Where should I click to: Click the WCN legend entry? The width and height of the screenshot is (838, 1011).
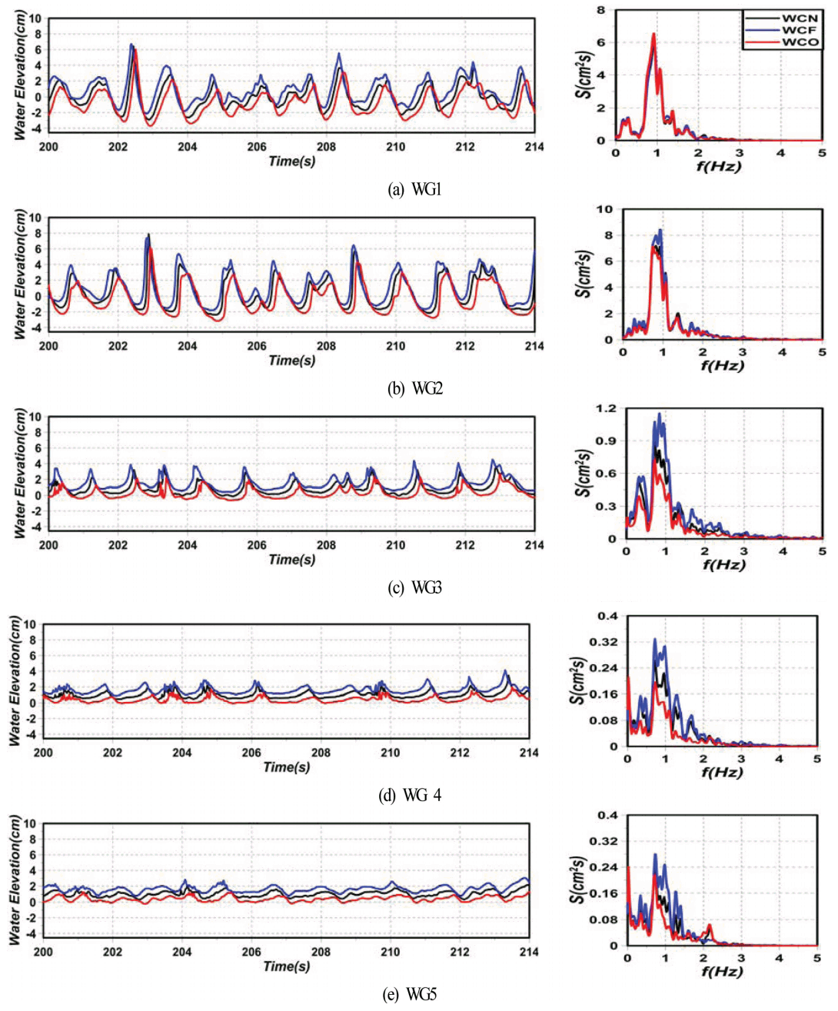[x=800, y=18]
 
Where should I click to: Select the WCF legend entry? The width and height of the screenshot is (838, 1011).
[x=800, y=29]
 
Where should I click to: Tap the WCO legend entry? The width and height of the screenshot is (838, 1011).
[x=800, y=42]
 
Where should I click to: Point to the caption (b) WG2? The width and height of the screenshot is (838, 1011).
[x=414, y=389]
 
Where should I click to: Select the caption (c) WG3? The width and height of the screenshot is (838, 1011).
[x=414, y=588]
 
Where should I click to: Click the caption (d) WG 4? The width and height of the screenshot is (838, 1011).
[x=410, y=795]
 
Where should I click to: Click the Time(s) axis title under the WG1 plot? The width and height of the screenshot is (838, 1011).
[x=291, y=161]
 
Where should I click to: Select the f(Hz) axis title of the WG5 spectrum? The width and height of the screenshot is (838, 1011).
[x=721, y=971]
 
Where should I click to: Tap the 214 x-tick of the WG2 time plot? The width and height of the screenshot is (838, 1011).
[x=534, y=346]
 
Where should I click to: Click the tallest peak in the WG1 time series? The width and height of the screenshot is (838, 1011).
[x=131, y=45]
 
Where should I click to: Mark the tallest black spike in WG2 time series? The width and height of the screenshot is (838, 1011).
[x=148, y=234]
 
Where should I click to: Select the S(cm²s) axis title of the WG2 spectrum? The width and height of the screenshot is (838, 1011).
[x=586, y=274]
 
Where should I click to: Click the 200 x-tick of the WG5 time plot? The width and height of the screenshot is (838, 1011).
[x=43, y=952]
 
